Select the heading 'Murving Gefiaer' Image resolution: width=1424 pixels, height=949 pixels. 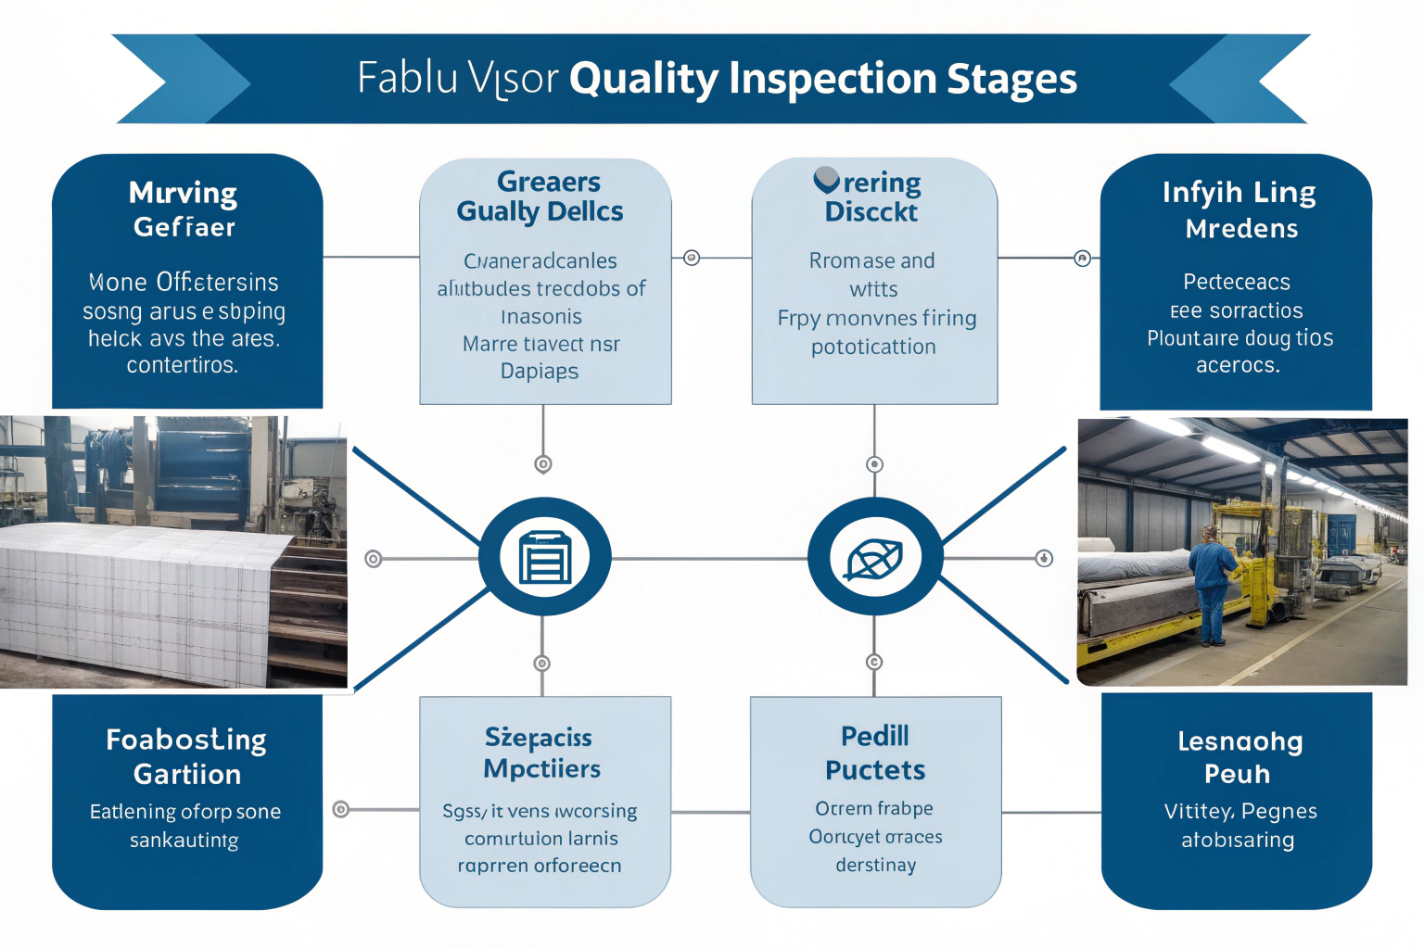point(184,209)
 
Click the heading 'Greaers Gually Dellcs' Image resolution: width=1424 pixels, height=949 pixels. point(542,196)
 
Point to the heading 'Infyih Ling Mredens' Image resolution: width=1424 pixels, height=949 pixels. point(1240,209)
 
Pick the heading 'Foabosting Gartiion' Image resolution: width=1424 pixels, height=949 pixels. point(186,756)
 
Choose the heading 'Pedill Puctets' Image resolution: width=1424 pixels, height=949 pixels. point(875,753)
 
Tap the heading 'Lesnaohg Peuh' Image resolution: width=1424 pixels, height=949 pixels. point(1240,757)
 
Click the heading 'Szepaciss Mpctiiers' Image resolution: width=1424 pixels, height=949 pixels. point(540,753)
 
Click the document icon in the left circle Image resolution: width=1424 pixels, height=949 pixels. point(545,557)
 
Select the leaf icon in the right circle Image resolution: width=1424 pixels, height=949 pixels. point(874,558)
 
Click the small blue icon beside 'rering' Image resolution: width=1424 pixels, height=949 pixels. point(826,180)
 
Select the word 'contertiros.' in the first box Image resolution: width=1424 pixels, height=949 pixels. point(183,365)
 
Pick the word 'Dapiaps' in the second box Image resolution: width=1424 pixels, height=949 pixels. point(540,372)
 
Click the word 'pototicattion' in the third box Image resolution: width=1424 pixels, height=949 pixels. point(873,347)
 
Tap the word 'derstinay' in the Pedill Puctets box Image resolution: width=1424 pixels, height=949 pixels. point(875,865)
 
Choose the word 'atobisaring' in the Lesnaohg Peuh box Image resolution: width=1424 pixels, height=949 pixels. point(1238,840)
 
